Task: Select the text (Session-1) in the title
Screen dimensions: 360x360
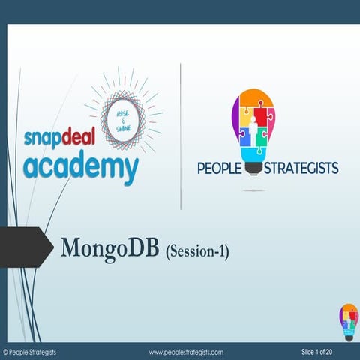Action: pyautogui.click(x=196, y=250)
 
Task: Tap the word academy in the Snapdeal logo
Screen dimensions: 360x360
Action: pyautogui.click(x=80, y=167)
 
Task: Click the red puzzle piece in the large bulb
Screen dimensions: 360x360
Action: pyautogui.click(x=268, y=118)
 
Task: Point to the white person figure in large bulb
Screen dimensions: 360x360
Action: pyautogui.click(x=253, y=120)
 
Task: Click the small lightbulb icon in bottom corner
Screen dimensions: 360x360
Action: pyautogui.click(x=349, y=322)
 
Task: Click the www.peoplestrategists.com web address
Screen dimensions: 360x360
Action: pyautogui.click(x=186, y=352)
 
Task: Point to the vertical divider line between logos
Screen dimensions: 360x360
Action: pyautogui.click(x=181, y=135)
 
